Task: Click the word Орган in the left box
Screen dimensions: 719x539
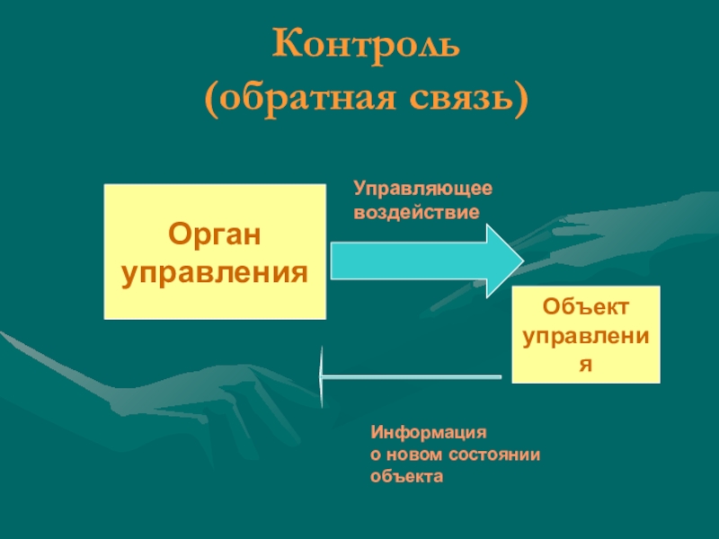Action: click(215, 235)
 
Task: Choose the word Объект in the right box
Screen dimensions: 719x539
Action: click(586, 308)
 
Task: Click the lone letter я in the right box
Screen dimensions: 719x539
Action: click(586, 365)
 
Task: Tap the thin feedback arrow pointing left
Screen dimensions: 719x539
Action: click(413, 376)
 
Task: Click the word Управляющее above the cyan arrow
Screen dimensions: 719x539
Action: click(422, 189)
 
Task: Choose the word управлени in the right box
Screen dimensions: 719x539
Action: click(586, 337)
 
